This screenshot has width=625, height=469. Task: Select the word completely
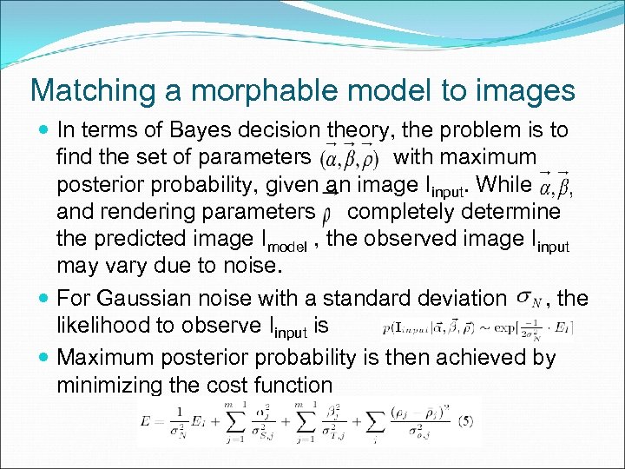[x=411, y=212]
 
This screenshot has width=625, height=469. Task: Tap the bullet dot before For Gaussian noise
[x=44, y=300]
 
